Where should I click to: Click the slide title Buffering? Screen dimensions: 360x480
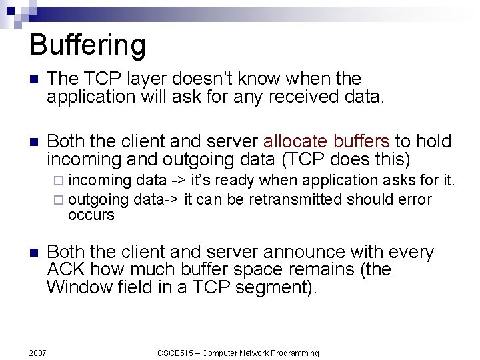click(x=87, y=45)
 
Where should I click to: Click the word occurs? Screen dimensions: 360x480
click(x=91, y=215)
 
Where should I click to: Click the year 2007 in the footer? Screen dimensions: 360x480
click(x=37, y=353)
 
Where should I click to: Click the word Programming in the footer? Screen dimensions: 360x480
click(x=293, y=353)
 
